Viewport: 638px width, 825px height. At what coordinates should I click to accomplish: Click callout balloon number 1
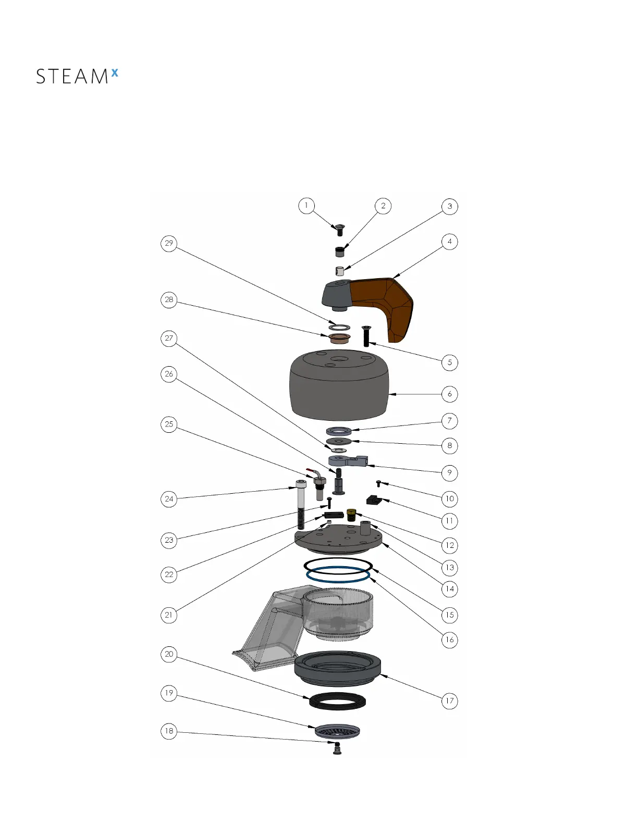[x=306, y=206]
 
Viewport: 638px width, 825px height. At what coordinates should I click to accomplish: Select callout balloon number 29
[x=169, y=243]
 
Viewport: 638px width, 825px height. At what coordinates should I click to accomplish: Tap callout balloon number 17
[x=449, y=701]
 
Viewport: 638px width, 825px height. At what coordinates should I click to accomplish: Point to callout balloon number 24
[x=169, y=499]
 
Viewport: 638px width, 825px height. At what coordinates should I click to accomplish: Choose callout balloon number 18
[x=169, y=731]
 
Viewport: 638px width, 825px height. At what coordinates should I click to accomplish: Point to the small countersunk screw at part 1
[x=340, y=229]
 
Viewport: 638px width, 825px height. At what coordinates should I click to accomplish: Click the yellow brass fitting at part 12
[x=351, y=515]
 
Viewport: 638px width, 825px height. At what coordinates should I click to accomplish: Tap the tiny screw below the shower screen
[x=337, y=749]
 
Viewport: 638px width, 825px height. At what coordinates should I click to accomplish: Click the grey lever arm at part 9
[x=347, y=460]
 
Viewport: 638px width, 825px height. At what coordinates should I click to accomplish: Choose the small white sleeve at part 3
[x=339, y=271]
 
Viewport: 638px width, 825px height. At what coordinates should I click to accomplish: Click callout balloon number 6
[x=449, y=394]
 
